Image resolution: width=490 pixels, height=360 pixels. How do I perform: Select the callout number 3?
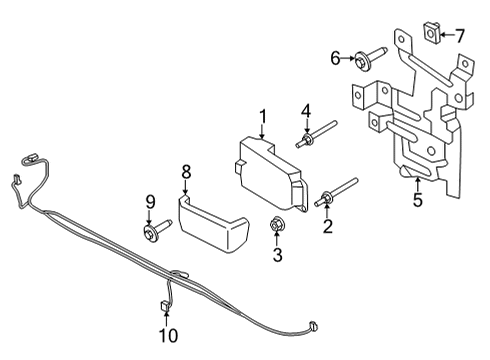(277, 256)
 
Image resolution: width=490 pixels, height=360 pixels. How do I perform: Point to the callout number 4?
(307, 112)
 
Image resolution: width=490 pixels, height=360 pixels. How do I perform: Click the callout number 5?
(418, 200)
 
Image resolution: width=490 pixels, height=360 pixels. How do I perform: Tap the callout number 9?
(151, 203)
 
